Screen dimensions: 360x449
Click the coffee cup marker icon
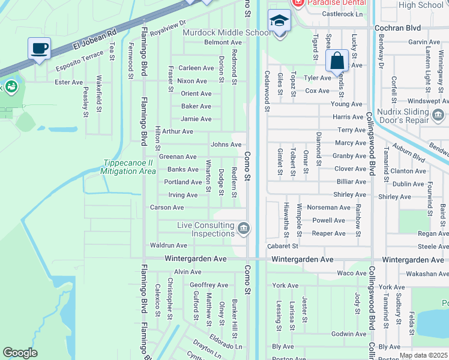point(39,48)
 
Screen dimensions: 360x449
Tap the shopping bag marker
point(337,60)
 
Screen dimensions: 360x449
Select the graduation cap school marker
point(278,22)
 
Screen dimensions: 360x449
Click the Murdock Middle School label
point(226,32)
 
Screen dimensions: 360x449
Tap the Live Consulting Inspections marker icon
point(244,228)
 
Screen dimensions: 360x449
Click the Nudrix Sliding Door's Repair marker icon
point(438,115)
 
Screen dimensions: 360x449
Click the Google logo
point(20,353)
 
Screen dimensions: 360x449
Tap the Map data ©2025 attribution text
point(424,356)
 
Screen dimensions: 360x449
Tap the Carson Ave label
point(166,208)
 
